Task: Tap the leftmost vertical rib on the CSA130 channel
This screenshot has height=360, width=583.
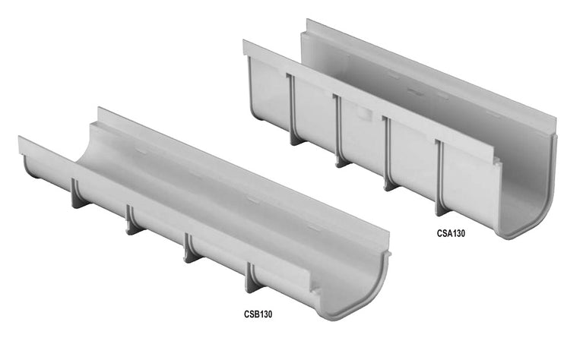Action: click(291, 106)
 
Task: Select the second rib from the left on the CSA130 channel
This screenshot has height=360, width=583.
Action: click(337, 125)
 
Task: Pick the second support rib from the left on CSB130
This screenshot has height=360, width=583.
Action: click(130, 218)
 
